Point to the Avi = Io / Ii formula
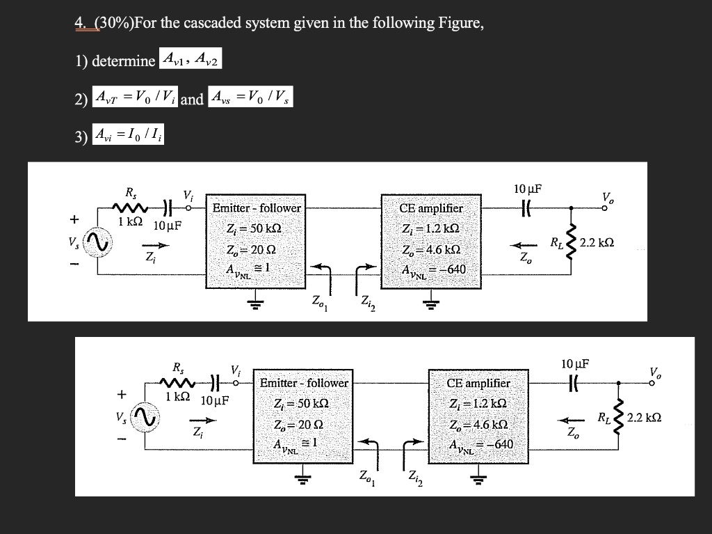coord(130,134)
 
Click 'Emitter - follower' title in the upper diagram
coord(257,207)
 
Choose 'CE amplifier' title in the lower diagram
coord(478,382)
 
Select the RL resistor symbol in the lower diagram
coord(618,418)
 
